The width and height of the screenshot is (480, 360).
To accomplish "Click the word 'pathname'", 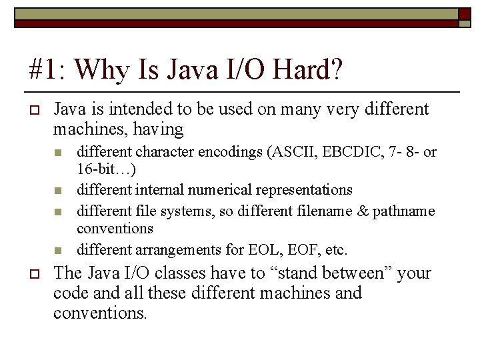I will pos(403,211).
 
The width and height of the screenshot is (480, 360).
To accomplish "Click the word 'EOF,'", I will pos(303,250).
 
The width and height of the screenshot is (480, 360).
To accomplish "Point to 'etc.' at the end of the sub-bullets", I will pos(336,250).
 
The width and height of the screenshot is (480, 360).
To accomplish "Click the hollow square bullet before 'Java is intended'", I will pos(33,110).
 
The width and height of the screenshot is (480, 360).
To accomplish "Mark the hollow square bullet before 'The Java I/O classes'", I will pos(33,274).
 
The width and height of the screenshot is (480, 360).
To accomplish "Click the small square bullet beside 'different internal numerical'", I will pos(57,191).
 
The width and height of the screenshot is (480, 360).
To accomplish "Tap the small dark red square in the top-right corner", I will pos(463,13).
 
